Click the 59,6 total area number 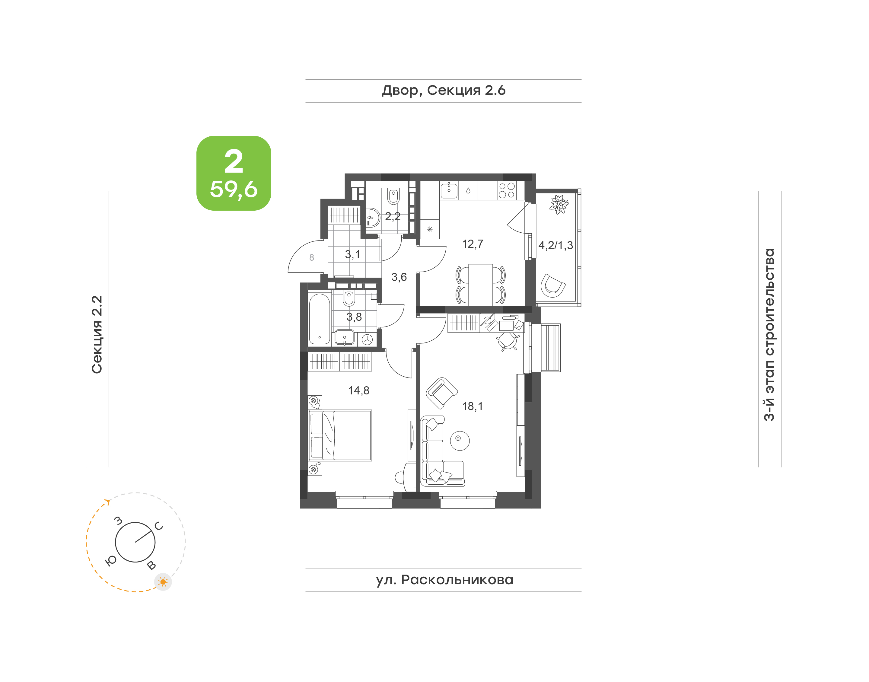point(234,189)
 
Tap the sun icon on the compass point(163,582)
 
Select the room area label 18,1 point(472,406)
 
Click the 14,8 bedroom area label point(358,390)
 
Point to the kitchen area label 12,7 point(473,244)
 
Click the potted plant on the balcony point(559,204)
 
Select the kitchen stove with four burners point(507,190)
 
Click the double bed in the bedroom point(340,435)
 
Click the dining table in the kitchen point(481,284)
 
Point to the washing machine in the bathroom point(367,339)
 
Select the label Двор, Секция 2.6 point(444,91)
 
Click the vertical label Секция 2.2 point(97,335)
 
